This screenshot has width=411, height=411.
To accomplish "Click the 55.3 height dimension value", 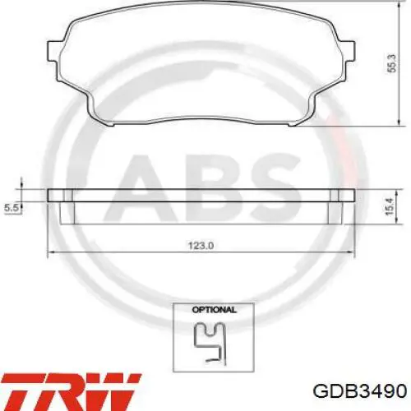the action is [x=392, y=63].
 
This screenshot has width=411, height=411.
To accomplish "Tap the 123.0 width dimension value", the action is [x=201, y=246].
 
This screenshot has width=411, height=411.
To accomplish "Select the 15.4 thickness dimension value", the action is [x=390, y=206].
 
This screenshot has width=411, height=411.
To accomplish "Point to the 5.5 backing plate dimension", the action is [x=11, y=208].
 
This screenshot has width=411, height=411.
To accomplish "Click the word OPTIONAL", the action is [x=214, y=310].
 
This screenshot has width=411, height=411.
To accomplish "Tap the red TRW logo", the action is [x=71, y=391].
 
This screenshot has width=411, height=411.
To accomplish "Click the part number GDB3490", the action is [x=359, y=391].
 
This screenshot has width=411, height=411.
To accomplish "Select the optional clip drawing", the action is [x=210, y=343].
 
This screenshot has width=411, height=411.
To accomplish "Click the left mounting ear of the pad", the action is [x=53, y=51].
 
